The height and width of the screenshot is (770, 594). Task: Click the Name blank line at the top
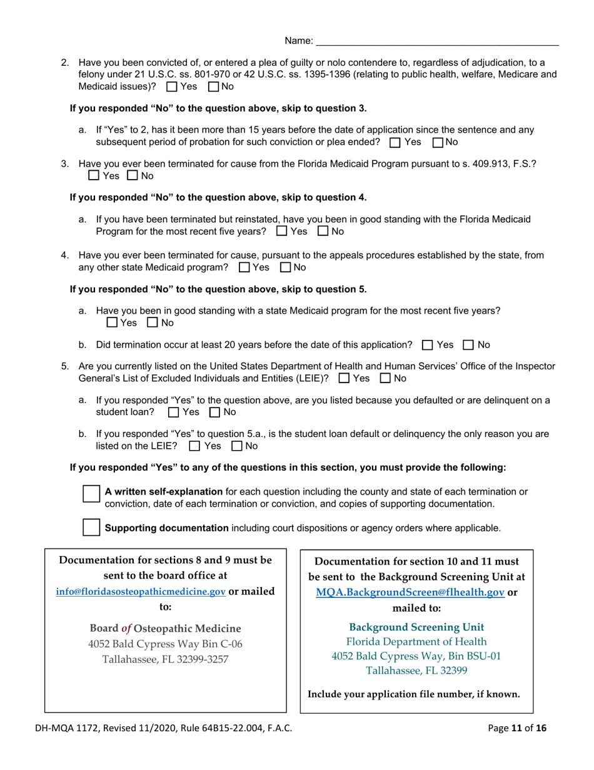437,41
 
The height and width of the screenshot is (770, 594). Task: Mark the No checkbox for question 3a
323,232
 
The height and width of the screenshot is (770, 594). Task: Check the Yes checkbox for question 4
244,268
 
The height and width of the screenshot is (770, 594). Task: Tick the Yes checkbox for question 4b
427,345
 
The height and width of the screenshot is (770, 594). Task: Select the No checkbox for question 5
385,378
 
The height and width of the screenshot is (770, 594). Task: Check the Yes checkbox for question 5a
173,412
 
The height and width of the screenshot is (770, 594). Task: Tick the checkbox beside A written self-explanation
91,493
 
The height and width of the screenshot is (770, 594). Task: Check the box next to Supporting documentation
91,527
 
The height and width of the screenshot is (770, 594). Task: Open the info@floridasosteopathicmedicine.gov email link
141,591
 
